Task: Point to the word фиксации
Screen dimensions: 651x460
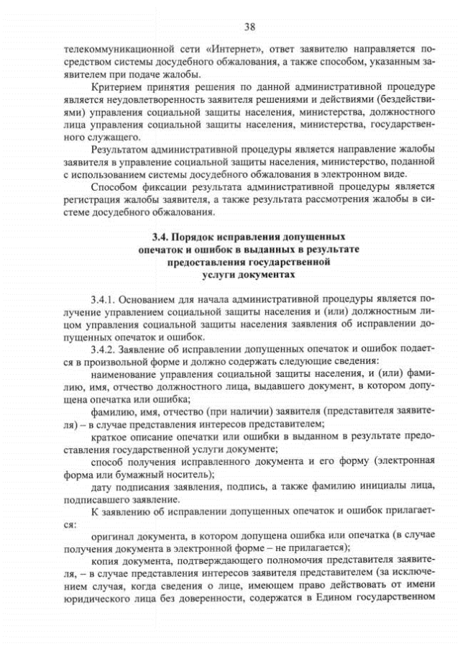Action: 171,188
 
